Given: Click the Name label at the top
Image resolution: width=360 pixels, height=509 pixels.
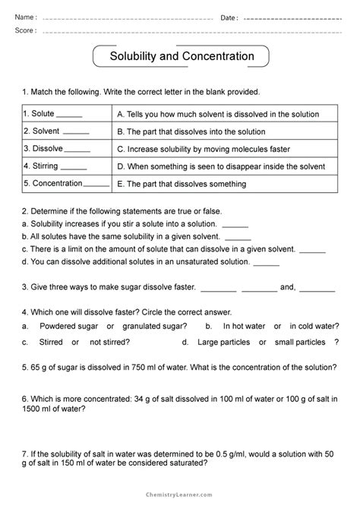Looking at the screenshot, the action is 26,17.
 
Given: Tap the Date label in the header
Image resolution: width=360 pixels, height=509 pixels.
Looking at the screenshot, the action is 229,17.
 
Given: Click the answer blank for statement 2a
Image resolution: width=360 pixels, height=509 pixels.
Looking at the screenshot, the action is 235,224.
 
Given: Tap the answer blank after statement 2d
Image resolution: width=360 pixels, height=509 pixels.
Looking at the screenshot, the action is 266,261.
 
